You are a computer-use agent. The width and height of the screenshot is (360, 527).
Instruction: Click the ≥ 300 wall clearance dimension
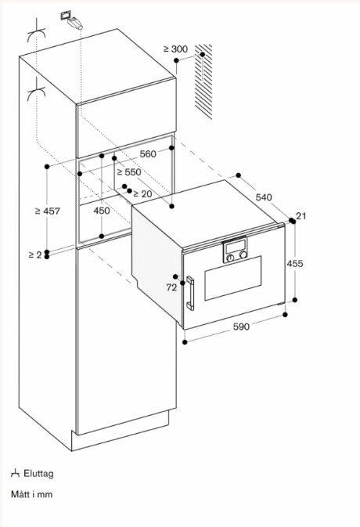pos(175,49)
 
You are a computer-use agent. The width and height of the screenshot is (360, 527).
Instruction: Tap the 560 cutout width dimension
pos(148,154)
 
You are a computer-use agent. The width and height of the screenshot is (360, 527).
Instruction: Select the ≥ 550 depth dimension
pos(129,172)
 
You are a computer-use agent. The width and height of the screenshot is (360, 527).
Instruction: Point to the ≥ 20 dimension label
pos(142,194)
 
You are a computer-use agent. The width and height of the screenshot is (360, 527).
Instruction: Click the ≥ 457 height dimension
pos(48,211)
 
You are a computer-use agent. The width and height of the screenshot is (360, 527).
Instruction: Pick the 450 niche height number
pos(102,211)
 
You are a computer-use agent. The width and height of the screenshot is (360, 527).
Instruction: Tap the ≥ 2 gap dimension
pos(35,254)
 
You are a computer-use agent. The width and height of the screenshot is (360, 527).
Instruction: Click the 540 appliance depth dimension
pos(264,197)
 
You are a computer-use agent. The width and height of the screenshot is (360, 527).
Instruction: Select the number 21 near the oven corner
pos(301,216)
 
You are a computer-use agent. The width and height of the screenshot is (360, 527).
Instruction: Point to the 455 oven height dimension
pos(295,263)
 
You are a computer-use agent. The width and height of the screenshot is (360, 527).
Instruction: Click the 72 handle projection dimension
pos(171,287)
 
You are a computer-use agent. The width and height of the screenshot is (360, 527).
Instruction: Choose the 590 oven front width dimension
pos(242,327)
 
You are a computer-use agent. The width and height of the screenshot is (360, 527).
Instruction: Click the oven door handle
pos(190,293)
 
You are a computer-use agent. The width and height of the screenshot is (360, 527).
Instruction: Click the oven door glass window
pos(233,278)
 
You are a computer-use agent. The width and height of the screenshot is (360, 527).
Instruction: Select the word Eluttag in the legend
pos(38,474)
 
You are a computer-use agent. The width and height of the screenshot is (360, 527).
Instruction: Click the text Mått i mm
pos(31,494)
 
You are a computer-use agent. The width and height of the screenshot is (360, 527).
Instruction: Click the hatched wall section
pos(203,81)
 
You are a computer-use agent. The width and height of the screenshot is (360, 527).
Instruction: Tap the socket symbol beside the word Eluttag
pos(15,474)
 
